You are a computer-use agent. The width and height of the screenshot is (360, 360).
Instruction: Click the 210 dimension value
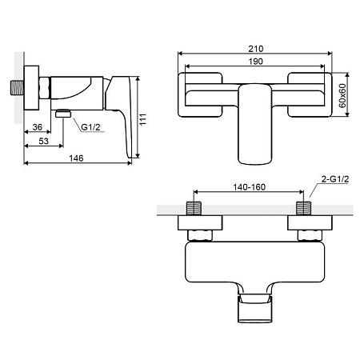[255, 49]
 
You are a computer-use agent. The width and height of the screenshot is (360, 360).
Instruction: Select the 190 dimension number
[255, 62]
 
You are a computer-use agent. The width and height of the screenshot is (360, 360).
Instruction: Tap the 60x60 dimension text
[342, 95]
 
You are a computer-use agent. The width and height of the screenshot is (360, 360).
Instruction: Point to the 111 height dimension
[143, 119]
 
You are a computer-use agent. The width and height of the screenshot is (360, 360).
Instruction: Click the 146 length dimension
[76, 158]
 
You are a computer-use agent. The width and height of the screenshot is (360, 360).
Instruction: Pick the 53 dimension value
[43, 141]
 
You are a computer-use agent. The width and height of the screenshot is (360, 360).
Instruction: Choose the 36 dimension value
[38, 127]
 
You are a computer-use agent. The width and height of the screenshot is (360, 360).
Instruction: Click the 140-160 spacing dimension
[250, 187]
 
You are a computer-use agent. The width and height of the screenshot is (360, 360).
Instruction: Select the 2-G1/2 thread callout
[335, 179]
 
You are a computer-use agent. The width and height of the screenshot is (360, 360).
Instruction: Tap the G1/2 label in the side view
[90, 127]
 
